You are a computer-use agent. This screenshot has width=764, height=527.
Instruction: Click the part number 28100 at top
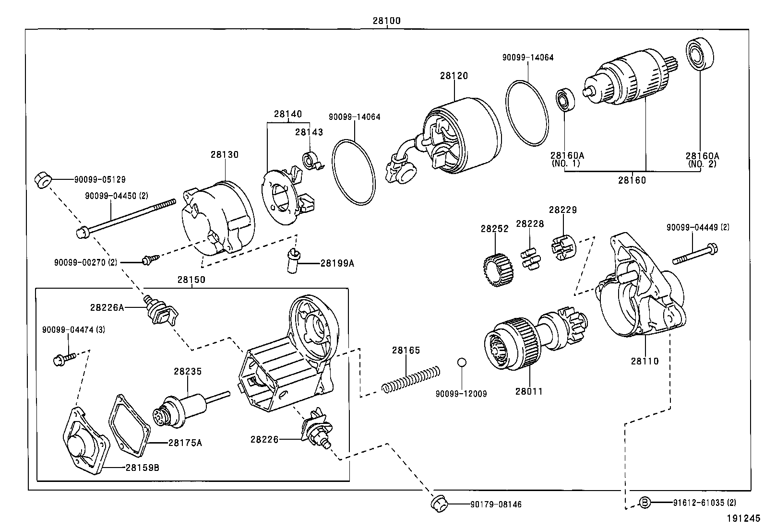386,21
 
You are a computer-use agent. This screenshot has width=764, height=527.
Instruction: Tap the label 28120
453,75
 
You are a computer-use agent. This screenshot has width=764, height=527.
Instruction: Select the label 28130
224,154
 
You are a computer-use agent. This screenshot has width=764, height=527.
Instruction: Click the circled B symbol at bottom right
645,503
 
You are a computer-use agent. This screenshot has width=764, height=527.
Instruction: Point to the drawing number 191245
743,518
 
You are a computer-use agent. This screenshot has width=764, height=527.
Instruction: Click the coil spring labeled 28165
411,378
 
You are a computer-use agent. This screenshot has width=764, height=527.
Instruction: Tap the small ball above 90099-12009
461,362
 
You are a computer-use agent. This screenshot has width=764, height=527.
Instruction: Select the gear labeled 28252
498,270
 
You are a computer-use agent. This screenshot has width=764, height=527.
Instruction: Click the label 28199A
337,263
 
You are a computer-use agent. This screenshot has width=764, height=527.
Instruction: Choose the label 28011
529,391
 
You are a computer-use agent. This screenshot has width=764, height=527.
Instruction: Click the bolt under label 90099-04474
65,357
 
